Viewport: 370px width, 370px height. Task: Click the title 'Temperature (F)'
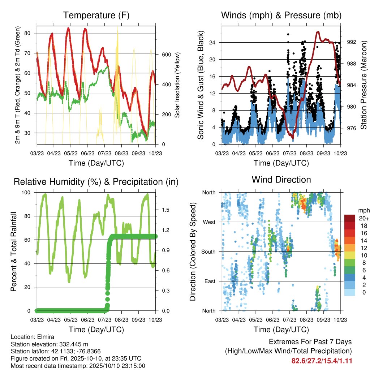click(96, 15)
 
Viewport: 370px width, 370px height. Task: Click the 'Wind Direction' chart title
click(281, 180)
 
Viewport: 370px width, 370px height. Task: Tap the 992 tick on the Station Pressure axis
click(351, 42)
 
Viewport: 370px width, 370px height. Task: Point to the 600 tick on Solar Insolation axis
click(167, 55)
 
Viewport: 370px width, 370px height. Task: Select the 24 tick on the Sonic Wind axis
click(212, 43)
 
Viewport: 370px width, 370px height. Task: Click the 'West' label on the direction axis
click(209, 222)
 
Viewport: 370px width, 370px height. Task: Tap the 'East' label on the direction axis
click(210, 281)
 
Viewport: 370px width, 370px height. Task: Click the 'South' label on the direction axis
click(208, 252)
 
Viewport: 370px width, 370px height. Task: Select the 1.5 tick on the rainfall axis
click(165, 210)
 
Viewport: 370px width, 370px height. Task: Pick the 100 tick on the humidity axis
click(26, 192)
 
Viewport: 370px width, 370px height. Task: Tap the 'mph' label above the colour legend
click(363, 211)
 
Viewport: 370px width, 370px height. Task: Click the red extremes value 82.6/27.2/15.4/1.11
click(322, 361)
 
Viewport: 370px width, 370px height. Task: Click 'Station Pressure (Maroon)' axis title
click(363, 85)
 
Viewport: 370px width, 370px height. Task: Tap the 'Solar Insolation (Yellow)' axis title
click(177, 85)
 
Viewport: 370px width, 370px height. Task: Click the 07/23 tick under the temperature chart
click(104, 153)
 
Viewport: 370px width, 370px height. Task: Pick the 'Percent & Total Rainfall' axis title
click(14, 251)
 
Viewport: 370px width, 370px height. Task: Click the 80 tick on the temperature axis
click(27, 33)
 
